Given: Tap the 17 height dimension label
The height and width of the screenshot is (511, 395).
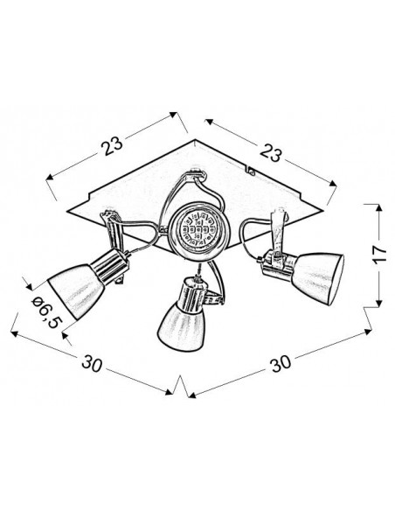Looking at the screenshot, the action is [379, 254].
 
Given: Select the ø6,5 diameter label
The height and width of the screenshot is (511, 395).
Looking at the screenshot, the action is [46, 312].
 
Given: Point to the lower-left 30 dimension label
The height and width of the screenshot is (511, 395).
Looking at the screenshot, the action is [92, 363].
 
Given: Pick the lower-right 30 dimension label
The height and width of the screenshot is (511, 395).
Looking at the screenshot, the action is [281, 363].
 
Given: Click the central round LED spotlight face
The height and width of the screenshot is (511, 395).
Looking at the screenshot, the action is [197, 228].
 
